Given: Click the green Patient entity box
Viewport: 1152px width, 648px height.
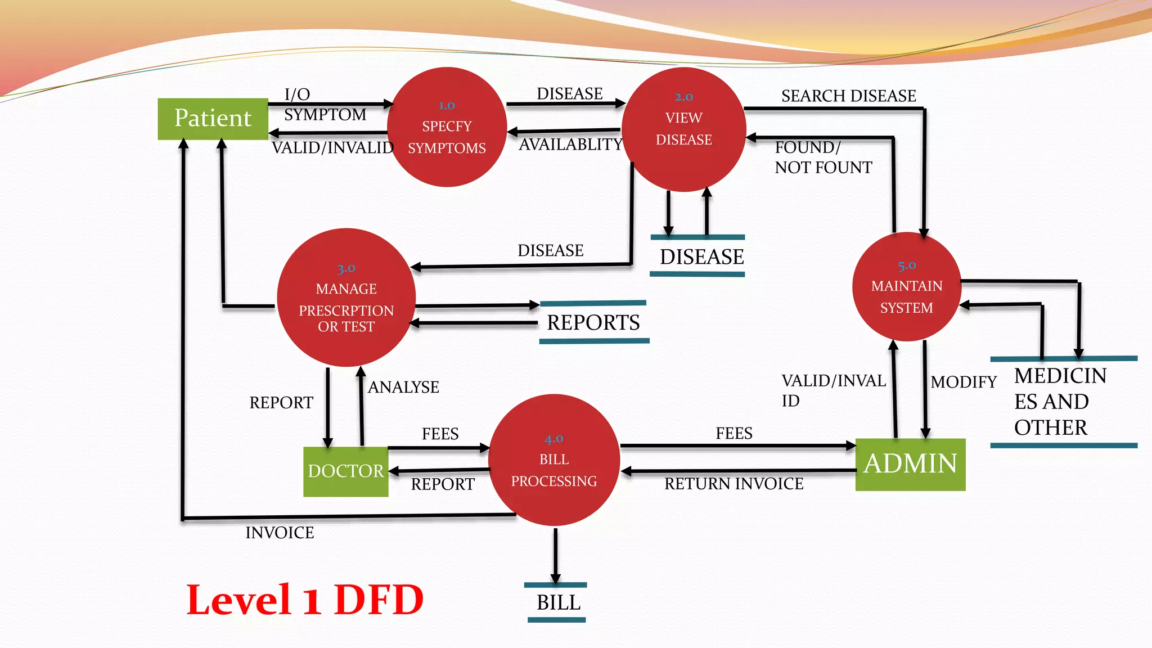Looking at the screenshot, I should pyautogui.click(x=213, y=119).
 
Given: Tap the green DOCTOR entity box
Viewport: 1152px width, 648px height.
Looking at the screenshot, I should pyautogui.click(x=345, y=471).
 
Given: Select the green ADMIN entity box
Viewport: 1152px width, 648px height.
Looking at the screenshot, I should pyautogui.click(x=910, y=465).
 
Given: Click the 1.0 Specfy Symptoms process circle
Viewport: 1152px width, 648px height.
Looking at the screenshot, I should pyautogui.click(x=447, y=127).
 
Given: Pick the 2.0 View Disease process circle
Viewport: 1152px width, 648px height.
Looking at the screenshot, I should pyautogui.click(x=683, y=129).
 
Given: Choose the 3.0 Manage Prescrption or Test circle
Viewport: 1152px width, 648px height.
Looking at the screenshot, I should pyautogui.click(x=346, y=298).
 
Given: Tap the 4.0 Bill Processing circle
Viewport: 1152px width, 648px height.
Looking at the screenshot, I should pyautogui.click(x=554, y=460).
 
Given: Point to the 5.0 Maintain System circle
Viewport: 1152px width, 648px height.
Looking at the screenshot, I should pyautogui.click(x=906, y=287).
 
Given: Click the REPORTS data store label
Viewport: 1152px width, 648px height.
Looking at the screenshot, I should pyautogui.click(x=593, y=323).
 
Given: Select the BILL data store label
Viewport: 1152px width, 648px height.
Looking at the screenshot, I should pyautogui.click(x=558, y=603).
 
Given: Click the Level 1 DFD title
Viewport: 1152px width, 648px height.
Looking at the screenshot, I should pyautogui.click(x=304, y=600).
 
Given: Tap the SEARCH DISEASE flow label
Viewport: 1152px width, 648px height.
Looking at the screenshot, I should pyautogui.click(x=848, y=96).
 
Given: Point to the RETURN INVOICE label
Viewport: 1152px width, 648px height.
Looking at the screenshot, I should pyautogui.click(x=733, y=484).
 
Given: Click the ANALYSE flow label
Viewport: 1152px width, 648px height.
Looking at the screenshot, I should pyautogui.click(x=403, y=388).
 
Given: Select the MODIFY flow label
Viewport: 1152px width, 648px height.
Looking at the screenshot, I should pyautogui.click(x=963, y=382).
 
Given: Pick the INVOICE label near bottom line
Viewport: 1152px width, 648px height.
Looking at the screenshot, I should pyautogui.click(x=280, y=533).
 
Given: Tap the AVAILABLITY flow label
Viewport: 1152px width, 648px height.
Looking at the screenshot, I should pyautogui.click(x=570, y=145).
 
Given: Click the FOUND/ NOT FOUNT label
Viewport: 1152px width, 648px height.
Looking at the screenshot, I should pyautogui.click(x=822, y=157).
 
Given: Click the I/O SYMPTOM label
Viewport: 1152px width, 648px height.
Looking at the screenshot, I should pyautogui.click(x=324, y=105).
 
